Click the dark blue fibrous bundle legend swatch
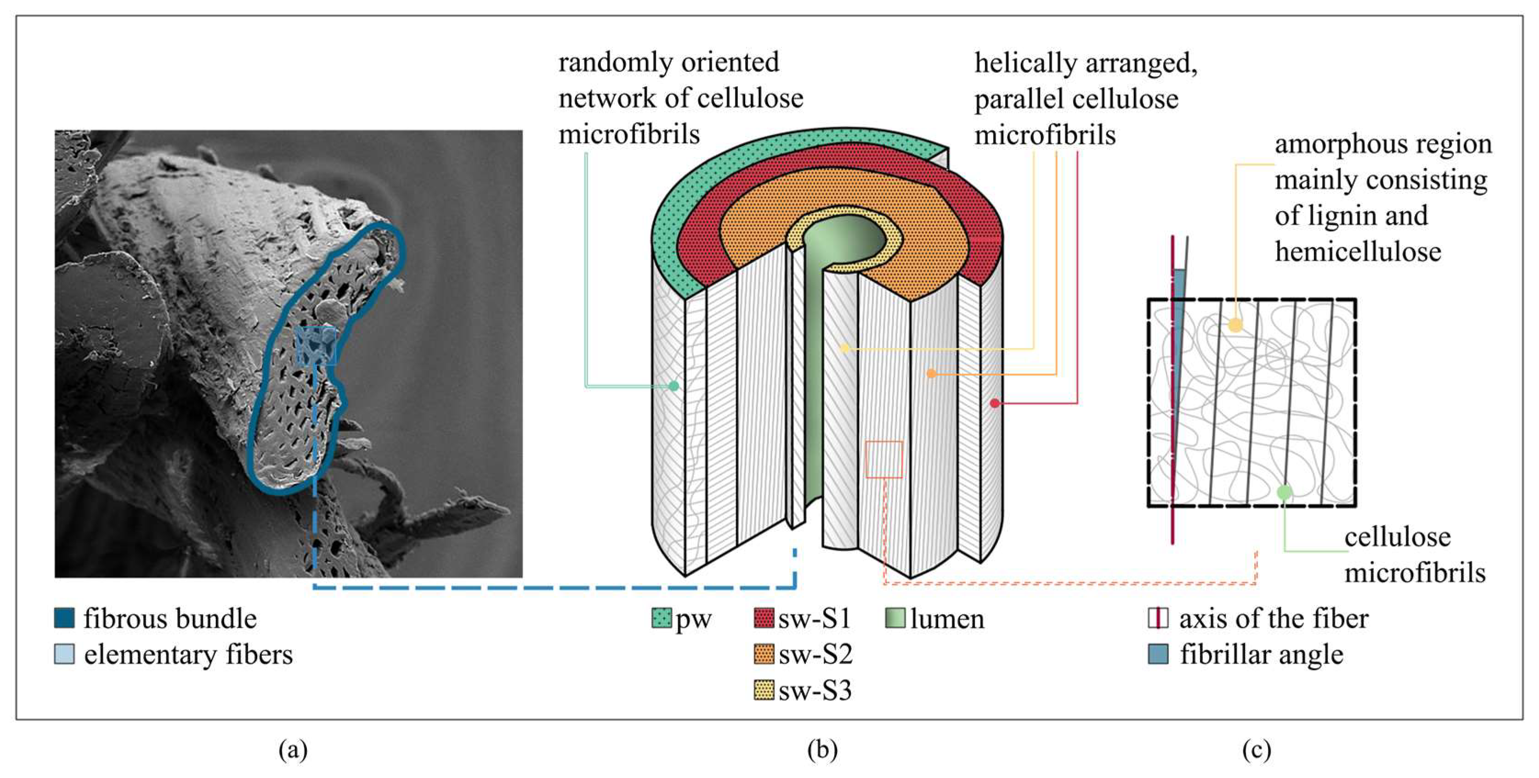64,618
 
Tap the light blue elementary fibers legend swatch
64,654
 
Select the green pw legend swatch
662,618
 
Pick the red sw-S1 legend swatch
764,618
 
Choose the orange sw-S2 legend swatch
764,655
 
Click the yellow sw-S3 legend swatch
764,690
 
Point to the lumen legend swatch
895,618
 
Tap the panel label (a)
293,750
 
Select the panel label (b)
822,750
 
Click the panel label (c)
1256,750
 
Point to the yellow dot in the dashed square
1235,325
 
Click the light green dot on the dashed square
1284,493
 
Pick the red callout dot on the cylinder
995,403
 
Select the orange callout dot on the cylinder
931,374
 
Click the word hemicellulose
1358,252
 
